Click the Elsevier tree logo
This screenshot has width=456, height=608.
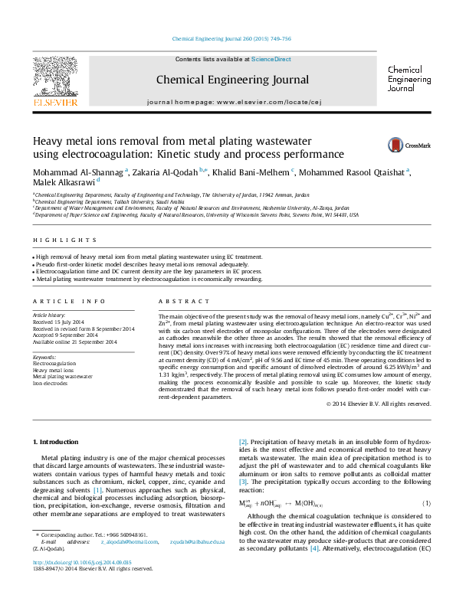point(54,75)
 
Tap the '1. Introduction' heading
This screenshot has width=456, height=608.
point(57,442)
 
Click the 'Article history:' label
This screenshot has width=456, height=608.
point(49,315)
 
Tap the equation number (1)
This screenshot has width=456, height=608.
point(427,502)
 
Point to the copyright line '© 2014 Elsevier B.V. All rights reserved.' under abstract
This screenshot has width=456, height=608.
point(379,404)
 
